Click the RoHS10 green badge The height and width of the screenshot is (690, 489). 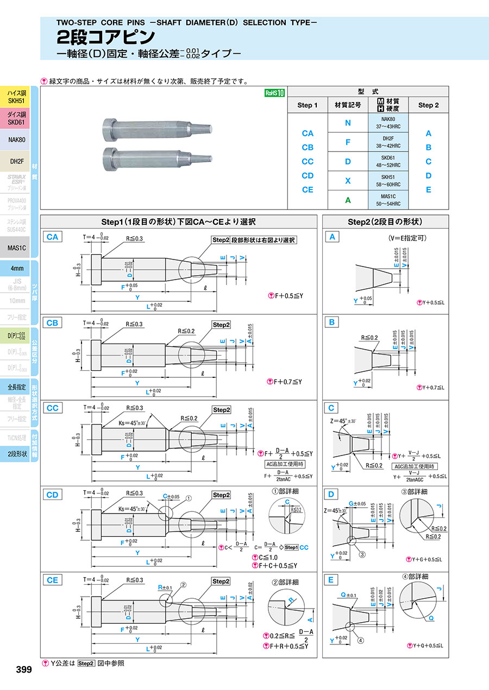(x=275, y=93)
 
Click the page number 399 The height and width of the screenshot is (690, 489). (x=21, y=670)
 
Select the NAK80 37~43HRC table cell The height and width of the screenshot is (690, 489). (x=387, y=123)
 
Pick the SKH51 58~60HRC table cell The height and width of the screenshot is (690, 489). (x=387, y=181)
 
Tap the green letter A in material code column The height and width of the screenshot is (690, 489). (x=348, y=200)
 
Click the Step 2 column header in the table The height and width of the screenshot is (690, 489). (x=428, y=105)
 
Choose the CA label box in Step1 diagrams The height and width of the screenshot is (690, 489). (x=52, y=237)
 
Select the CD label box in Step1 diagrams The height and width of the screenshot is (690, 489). (x=52, y=494)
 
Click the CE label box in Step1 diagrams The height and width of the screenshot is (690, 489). (x=52, y=580)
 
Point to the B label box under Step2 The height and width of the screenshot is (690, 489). (x=331, y=322)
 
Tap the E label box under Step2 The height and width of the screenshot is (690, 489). (x=331, y=580)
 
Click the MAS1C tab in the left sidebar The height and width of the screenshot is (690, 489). (x=16, y=248)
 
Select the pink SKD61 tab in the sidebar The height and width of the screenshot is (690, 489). (x=16, y=118)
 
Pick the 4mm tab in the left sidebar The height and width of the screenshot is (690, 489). (x=16, y=268)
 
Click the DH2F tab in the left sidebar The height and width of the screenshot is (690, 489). (x=16, y=161)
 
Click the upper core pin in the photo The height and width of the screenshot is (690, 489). (x=155, y=129)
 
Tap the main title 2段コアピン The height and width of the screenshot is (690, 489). (x=106, y=37)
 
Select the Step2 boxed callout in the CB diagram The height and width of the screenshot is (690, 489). (x=221, y=325)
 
